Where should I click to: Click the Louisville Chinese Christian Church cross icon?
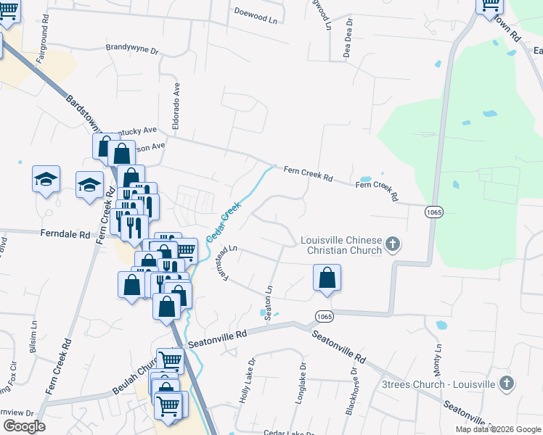[393, 244]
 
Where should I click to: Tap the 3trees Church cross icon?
[507, 382]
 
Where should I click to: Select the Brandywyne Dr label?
[132, 49]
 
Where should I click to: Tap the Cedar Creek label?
[223, 223]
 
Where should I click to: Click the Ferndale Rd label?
[65, 235]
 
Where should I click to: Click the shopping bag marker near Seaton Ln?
[327, 278]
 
